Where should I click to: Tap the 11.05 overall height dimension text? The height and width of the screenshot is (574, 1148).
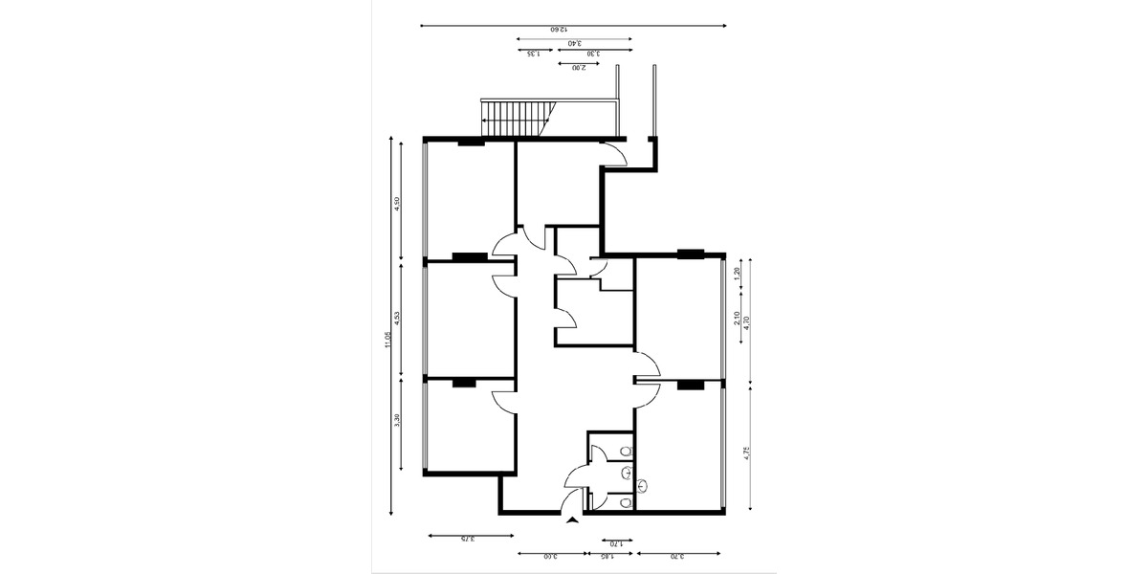[388, 339]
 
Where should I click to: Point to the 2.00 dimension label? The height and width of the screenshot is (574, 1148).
[579, 68]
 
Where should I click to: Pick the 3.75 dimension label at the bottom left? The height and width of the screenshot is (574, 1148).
[465, 540]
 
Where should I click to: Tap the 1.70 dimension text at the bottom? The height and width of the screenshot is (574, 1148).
[616, 543]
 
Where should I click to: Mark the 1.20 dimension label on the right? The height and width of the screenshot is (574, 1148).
[737, 272]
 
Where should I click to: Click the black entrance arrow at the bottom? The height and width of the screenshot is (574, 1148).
[572, 520]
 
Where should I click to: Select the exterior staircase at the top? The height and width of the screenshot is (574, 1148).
[518, 119]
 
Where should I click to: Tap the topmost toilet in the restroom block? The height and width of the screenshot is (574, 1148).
[625, 451]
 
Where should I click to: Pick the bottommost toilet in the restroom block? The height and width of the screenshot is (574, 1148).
[625, 501]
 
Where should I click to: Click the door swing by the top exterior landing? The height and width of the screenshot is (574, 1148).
[614, 154]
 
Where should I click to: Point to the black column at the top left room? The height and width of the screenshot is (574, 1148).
[470, 143]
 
